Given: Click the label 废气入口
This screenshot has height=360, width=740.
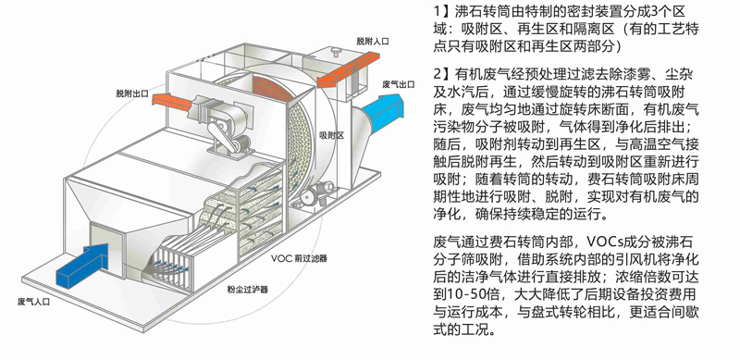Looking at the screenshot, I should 38,301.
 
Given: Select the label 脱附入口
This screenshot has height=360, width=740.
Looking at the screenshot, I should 373,42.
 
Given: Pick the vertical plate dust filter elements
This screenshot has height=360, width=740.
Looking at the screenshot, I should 176,269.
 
